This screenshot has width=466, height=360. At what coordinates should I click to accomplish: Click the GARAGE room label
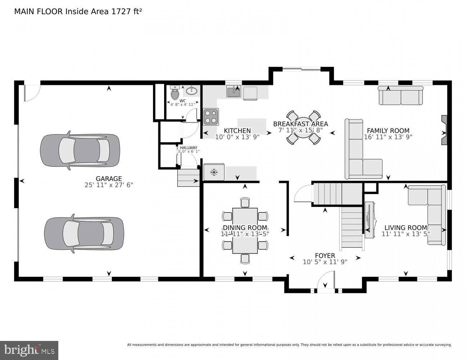[109, 179]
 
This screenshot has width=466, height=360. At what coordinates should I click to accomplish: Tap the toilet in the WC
[175, 93]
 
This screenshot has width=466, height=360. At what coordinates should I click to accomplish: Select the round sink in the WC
[192, 90]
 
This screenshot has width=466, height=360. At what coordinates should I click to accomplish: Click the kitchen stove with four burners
[211, 117]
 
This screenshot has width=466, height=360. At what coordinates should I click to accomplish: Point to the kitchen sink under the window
[234, 91]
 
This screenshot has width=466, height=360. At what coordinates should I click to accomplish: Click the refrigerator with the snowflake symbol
[214, 172]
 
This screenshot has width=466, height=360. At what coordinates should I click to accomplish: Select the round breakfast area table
[303, 127]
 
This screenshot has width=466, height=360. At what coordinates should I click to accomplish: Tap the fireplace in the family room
[444, 130]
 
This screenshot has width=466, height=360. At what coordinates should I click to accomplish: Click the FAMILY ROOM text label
[388, 131]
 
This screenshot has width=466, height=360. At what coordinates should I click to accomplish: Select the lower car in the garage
[84, 234]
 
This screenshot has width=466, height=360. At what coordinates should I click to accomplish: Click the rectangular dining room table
[245, 230]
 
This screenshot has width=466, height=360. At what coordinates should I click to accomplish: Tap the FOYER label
[325, 256]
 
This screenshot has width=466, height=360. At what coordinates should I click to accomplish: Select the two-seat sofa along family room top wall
[400, 96]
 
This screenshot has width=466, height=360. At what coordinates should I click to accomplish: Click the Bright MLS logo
[29, 350]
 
